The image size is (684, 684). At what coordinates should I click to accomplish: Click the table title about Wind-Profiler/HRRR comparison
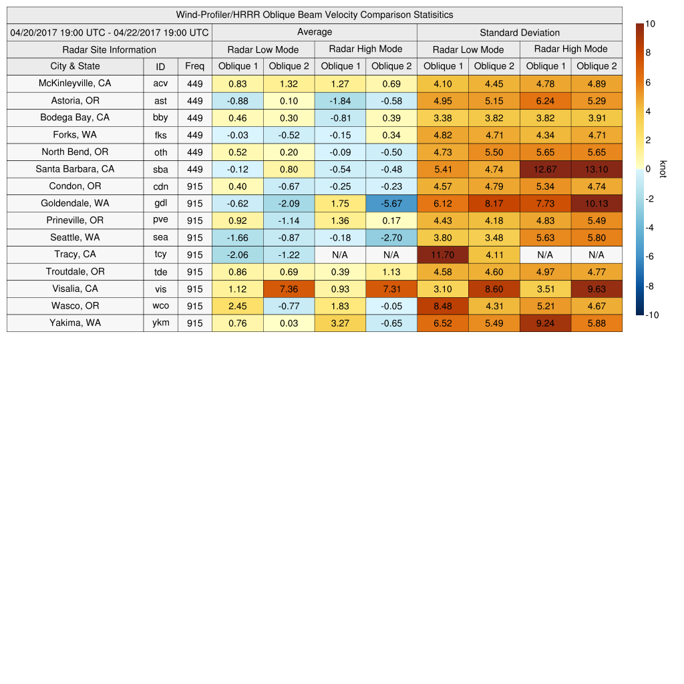(x=315, y=15)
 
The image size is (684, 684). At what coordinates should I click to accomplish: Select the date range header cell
(x=110, y=32)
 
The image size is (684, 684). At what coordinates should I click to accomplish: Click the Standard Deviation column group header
(x=520, y=32)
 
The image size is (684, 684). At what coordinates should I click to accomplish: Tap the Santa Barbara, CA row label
(x=75, y=169)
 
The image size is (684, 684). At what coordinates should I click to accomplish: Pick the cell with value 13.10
(x=596, y=169)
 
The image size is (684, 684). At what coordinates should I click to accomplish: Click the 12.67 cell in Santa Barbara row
(x=545, y=169)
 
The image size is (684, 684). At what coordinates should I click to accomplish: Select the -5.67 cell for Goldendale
(x=391, y=203)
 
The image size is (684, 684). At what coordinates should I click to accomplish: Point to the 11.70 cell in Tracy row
(x=442, y=254)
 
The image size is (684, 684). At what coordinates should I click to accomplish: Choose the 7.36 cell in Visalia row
(x=289, y=289)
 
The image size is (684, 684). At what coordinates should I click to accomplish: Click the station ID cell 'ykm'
(x=160, y=323)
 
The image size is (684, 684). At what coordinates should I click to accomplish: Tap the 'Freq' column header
(x=195, y=66)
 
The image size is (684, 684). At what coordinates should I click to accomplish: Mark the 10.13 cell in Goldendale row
(x=596, y=203)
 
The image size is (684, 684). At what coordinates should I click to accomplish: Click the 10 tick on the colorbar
(x=651, y=24)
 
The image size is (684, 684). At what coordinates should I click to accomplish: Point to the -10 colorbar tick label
(x=652, y=315)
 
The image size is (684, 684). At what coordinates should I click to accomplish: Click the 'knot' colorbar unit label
(x=663, y=169)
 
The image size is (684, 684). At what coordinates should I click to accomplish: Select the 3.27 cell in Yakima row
(x=340, y=323)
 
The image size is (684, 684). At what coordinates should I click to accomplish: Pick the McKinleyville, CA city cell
(x=75, y=83)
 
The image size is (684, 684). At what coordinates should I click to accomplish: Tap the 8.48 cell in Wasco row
(x=442, y=306)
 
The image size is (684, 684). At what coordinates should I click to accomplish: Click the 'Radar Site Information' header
(x=110, y=49)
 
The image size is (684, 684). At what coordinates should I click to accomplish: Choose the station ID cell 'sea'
(x=160, y=238)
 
